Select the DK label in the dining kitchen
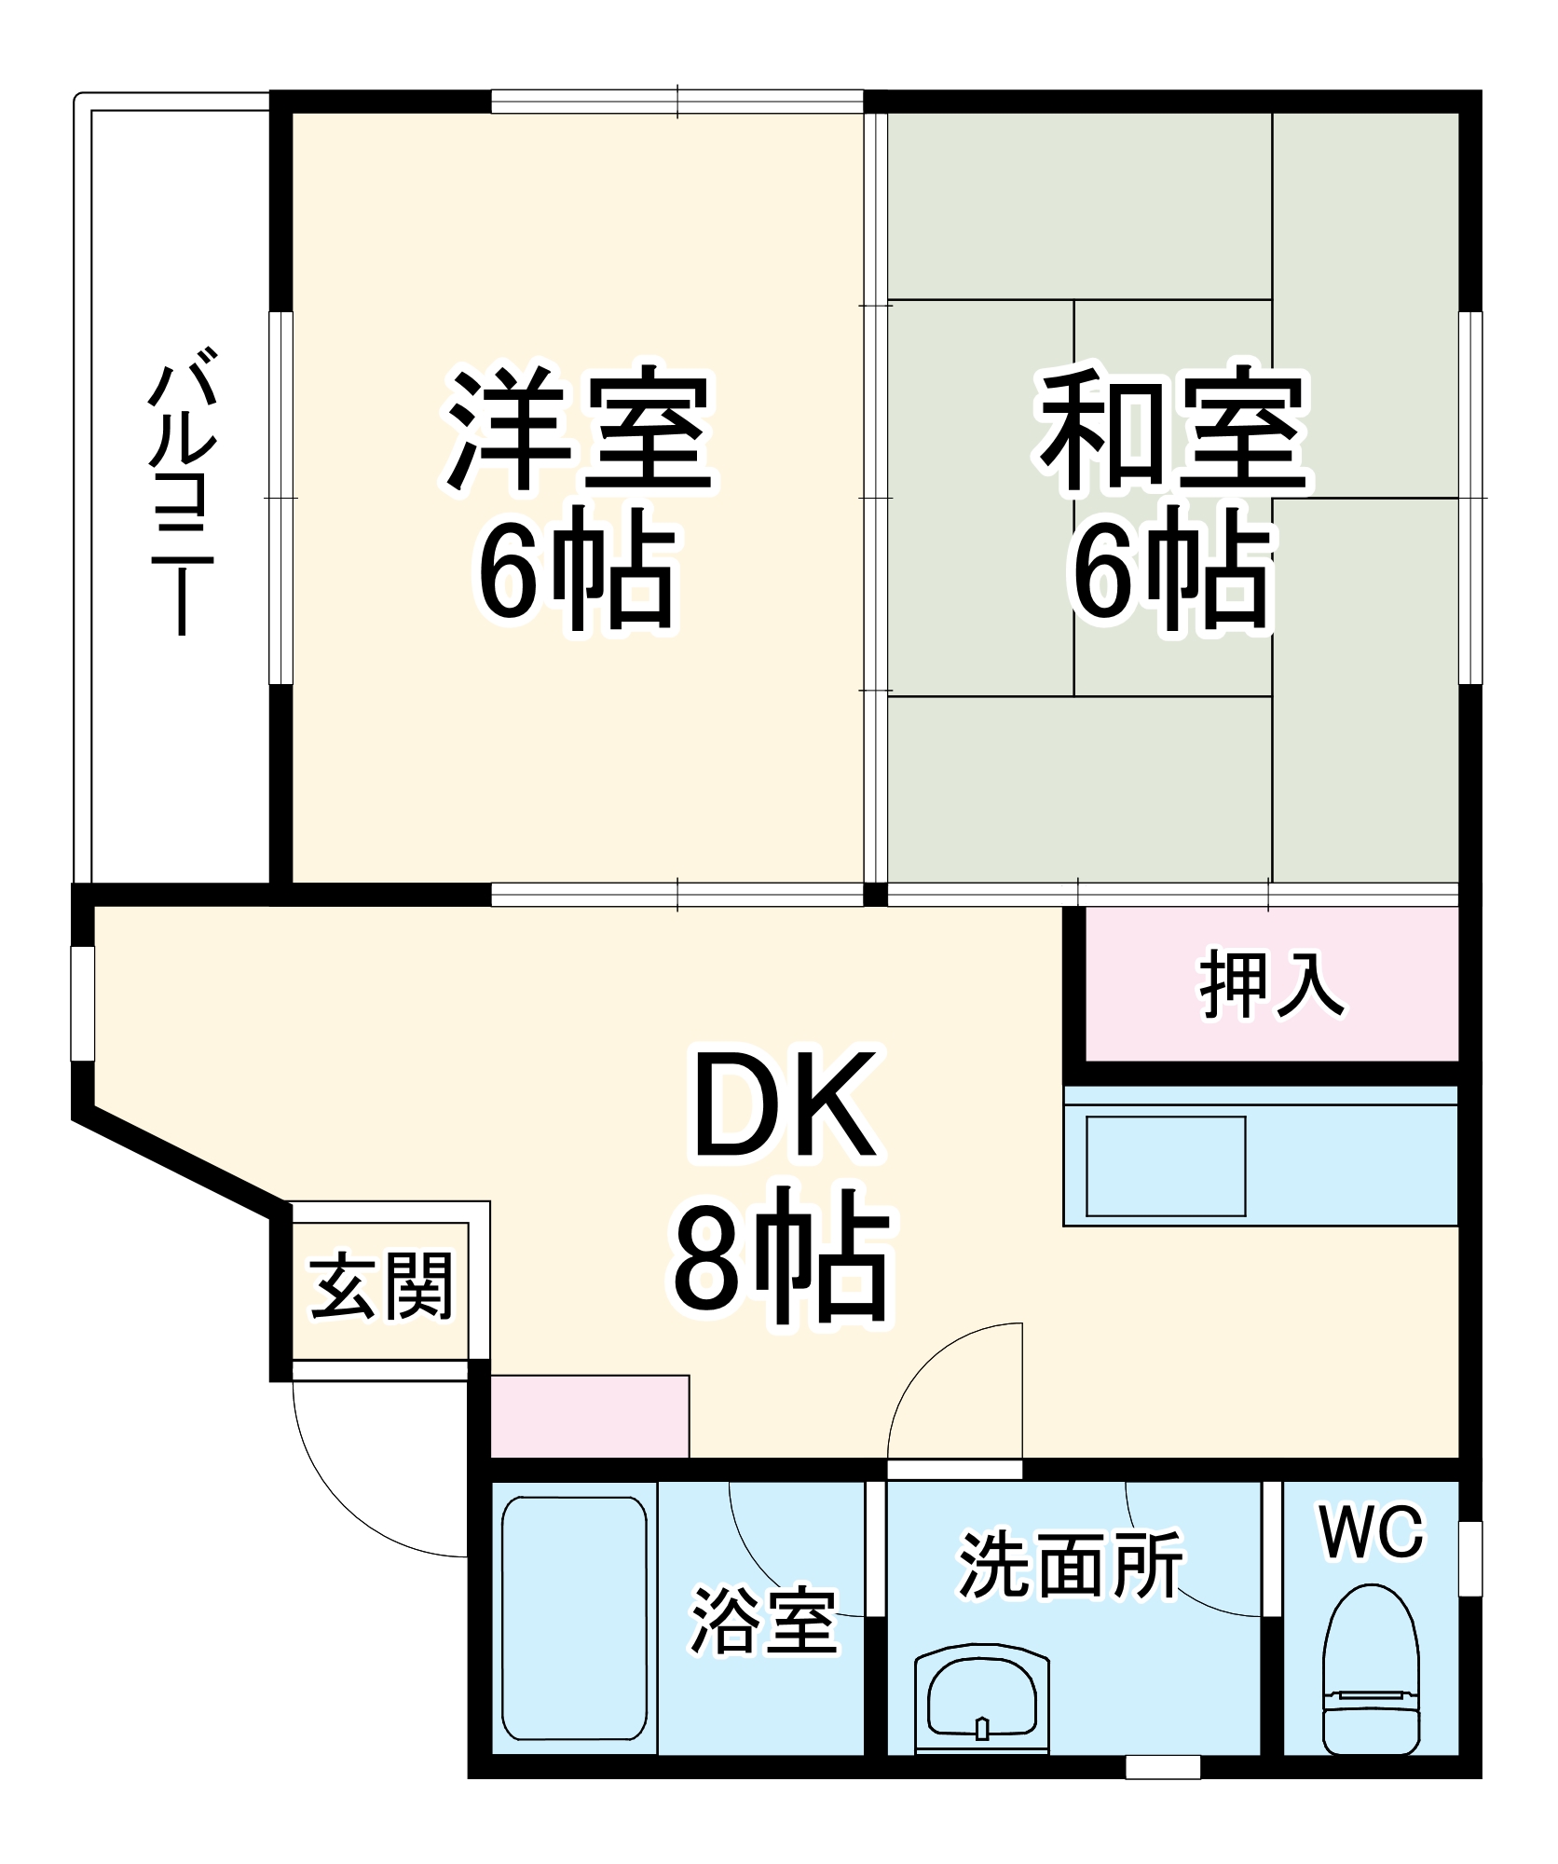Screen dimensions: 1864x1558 pos(785,1104)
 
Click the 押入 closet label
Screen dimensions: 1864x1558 pos(1272,984)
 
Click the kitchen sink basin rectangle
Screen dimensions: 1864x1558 pos(1166,1166)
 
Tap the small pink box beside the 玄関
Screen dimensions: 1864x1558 pos(589,1416)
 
